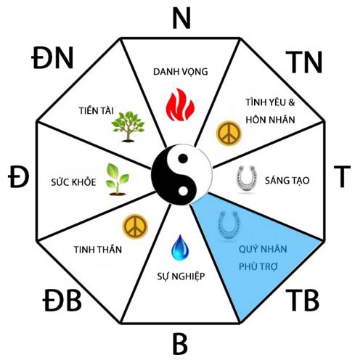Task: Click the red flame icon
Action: point(180,105)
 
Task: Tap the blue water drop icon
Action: point(180,247)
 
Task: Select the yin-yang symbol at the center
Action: point(181,174)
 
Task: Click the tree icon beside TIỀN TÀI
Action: point(129,126)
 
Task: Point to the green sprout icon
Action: point(118,179)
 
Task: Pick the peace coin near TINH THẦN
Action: point(135,226)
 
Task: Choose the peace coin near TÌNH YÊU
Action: point(229,133)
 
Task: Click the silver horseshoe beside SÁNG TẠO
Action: point(246,178)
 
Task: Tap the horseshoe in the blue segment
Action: point(229,224)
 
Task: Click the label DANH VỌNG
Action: point(181,72)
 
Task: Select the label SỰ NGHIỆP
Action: point(181,276)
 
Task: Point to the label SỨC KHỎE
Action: point(73,181)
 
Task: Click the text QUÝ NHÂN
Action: point(263,249)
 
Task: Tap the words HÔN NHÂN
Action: point(270,120)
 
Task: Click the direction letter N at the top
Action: point(181,18)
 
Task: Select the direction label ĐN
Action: point(52,58)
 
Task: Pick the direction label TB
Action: point(302,300)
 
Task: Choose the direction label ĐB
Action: point(62,300)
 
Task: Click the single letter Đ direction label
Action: point(18,176)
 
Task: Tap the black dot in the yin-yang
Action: point(183,158)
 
